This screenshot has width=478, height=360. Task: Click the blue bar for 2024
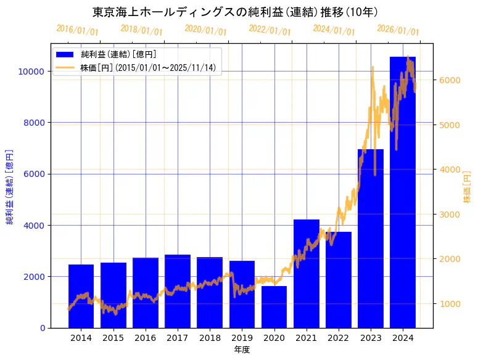[x=402, y=197]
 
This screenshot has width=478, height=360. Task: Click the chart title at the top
[x=235, y=12]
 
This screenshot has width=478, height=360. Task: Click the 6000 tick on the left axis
[x=34, y=174]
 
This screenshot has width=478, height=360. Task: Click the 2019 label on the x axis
[x=242, y=338]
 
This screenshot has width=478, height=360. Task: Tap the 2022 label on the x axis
[x=338, y=338]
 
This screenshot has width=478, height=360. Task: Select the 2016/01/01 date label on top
[x=77, y=30]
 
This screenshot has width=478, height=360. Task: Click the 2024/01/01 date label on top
[x=334, y=30]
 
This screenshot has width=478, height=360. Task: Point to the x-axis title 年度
[x=242, y=350]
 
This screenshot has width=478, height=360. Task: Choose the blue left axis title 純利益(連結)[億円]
[x=10, y=186]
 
